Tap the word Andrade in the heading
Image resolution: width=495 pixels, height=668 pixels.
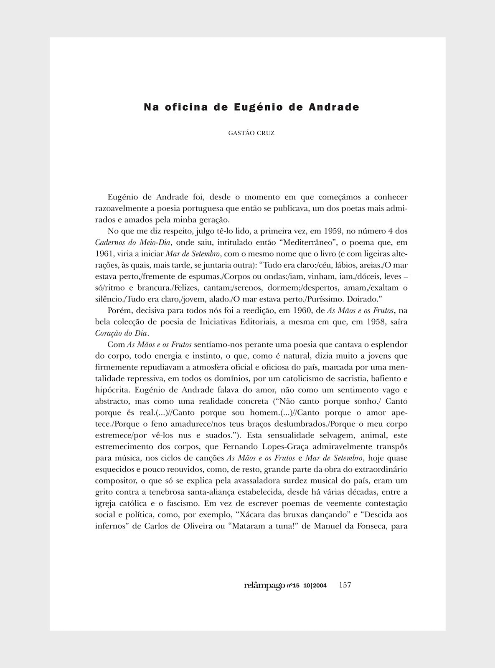334,107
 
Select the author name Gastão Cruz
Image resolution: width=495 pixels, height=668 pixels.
251,133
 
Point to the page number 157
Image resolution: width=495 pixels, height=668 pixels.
345,585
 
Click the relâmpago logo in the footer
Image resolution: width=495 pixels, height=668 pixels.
264,585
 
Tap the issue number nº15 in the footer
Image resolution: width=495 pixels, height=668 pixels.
294,586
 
